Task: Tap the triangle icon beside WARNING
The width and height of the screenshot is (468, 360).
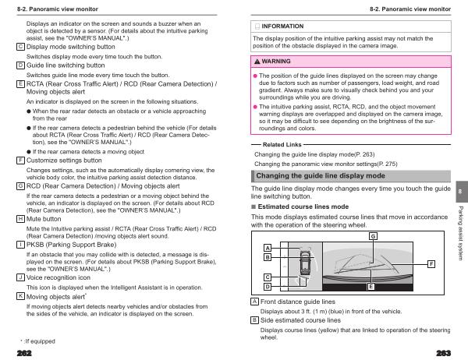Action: point(258,61)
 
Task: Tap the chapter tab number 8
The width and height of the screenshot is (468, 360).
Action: point(460,192)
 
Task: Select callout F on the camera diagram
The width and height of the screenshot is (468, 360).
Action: point(431,265)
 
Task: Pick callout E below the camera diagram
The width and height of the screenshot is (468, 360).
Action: point(371,287)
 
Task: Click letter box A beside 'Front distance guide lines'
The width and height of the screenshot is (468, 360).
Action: point(255,301)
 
